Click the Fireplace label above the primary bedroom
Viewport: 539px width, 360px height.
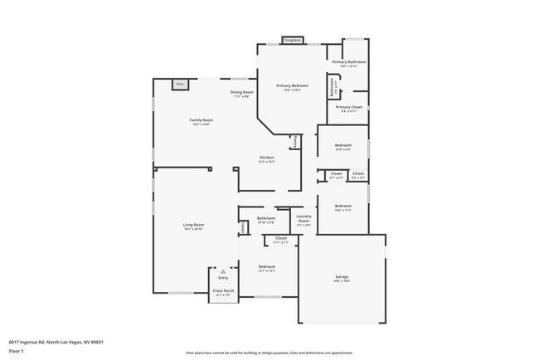pos(292,40)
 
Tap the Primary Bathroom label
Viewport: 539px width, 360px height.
pos(349,63)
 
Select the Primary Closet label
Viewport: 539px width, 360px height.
pos(348,108)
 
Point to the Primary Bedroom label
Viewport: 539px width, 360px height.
pos(293,87)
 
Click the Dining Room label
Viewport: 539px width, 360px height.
pos(241,93)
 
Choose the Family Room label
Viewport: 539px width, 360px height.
pos(202,121)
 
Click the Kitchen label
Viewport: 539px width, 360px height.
pos(266,158)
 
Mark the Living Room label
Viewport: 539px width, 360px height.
pos(193,226)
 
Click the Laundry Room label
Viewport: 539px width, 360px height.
pos(303,220)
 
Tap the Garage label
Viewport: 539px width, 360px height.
pos(342,278)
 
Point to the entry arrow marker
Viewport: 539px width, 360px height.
pos(222,270)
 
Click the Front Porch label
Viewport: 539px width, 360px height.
pos(222,291)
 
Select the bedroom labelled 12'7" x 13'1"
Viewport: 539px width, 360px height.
pos(266,268)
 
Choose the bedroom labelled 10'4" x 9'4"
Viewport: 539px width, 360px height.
pos(343,148)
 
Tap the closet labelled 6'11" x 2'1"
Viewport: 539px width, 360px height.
pos(280,241)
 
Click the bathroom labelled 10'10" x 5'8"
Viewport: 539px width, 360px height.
pos(266,220)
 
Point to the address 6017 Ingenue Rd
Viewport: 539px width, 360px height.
pos(56,341)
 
